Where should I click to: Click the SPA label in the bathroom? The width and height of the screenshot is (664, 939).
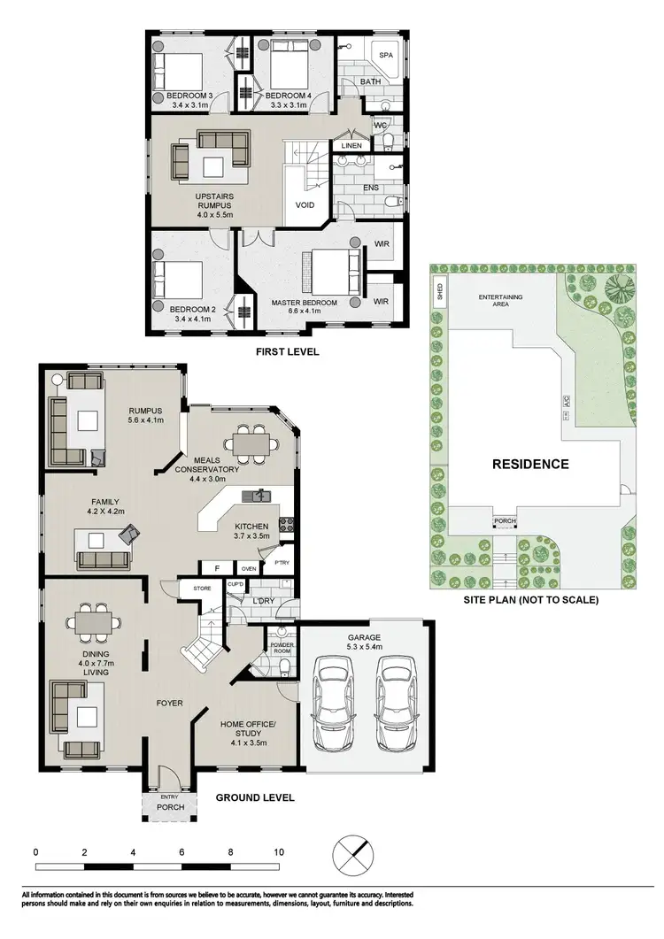[x=385, y=55]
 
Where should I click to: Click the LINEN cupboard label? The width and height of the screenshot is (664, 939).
[x=351, y=145]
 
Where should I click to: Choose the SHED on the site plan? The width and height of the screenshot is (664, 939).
[x=438, y=290]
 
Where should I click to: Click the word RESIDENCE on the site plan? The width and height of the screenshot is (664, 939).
[x=531, y=464]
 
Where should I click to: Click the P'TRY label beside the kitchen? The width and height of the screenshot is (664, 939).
[x=282, y=563]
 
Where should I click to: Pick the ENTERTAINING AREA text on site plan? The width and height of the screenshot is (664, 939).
[x=500, y=300]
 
